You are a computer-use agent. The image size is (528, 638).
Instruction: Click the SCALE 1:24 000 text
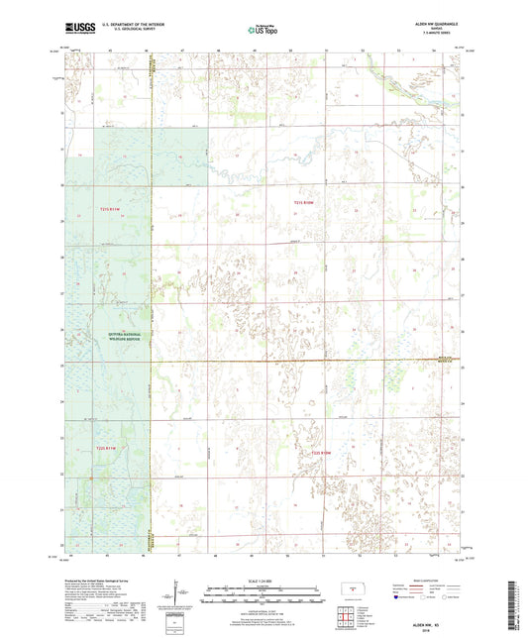coord(264,581)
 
